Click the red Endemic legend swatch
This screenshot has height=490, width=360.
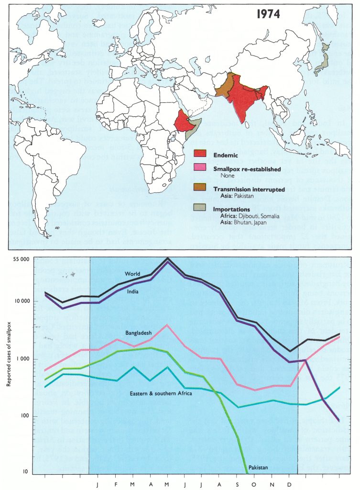[200, 154]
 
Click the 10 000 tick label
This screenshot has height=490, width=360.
[20, 301]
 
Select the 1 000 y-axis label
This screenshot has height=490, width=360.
[22, 359]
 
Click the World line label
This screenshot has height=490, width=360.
[132, 274]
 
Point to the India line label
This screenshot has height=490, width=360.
[134, 291]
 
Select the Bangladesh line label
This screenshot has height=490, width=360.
[139, 333]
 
